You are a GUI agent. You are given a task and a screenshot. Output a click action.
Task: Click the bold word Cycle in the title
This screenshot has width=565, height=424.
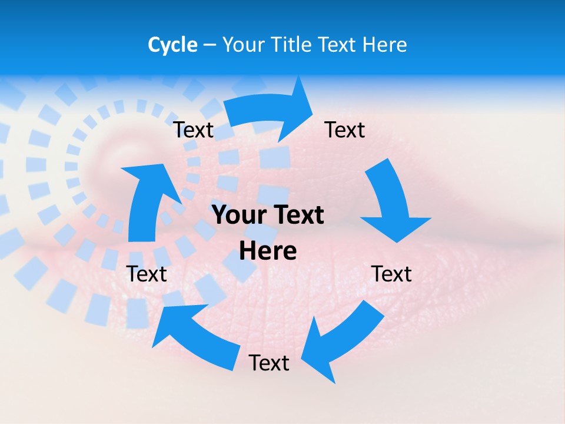pos(172,45)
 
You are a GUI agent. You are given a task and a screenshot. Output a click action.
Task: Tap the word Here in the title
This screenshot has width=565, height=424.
pos(385,45)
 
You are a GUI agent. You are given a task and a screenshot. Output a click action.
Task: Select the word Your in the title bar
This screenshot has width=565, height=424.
pos(243,45)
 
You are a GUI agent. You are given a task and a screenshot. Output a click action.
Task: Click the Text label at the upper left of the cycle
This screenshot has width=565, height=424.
pos(193,130)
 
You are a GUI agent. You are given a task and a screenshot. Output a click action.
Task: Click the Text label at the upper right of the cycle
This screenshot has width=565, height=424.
pos(345,130)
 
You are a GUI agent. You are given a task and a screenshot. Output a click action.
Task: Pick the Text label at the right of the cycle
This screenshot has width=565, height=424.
pos(391,274)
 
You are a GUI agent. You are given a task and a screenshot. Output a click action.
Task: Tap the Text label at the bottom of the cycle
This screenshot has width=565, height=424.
pos(269,363)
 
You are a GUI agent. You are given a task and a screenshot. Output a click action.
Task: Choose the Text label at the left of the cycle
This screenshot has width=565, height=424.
pos(147,274)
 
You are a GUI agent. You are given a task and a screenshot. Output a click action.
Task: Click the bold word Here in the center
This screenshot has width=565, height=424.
pos(268,251)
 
